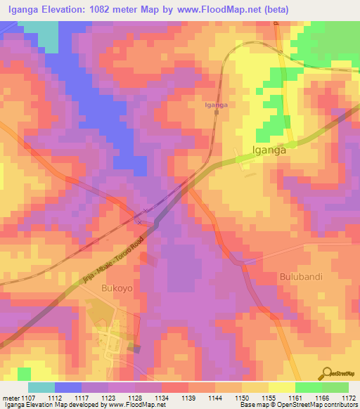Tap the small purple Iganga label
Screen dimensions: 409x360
coord(215,105)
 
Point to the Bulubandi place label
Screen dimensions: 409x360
coord(300,276)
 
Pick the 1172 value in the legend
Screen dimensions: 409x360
coord(348,398)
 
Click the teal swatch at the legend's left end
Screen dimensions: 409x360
coord(41,387)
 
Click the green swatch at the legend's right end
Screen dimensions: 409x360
coord(335,387)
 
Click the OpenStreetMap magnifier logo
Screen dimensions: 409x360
coord(327,372)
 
